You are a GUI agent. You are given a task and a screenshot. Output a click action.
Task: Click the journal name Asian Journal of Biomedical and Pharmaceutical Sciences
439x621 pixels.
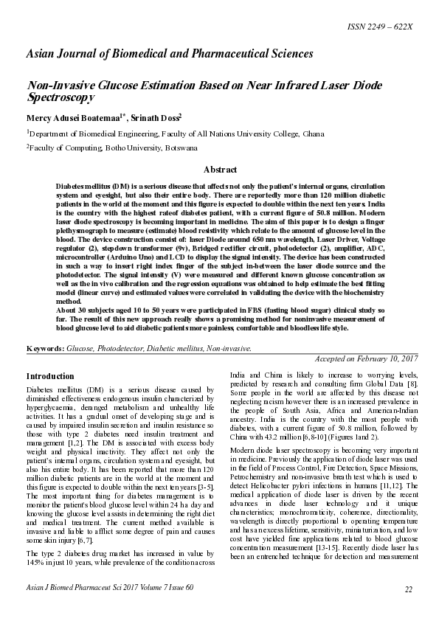[170, 55]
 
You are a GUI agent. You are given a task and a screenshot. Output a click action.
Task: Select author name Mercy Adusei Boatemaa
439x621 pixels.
[69, 118]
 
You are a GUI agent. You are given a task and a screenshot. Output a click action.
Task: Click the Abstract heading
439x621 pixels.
[219, 169]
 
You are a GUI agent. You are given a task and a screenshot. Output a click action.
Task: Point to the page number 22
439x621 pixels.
[408, 588]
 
